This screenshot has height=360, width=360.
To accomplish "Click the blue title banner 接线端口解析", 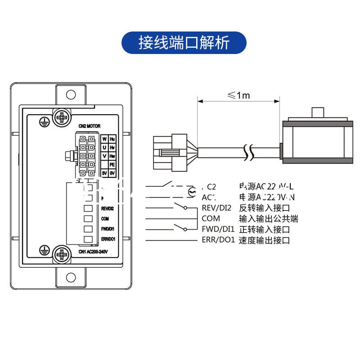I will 184,43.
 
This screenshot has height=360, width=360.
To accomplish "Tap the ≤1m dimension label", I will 238,95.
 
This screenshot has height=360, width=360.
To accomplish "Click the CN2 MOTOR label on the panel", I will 90,126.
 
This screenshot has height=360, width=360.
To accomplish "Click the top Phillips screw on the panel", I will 61,118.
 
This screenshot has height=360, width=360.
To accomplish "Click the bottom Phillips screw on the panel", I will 61,254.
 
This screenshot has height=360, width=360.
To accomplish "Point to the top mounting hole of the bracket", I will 71,94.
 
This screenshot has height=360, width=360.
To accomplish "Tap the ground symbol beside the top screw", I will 44,120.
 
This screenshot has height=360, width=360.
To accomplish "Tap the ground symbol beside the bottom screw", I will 44,248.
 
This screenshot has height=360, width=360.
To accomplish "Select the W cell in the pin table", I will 104,139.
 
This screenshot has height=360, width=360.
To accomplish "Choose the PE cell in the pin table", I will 112,165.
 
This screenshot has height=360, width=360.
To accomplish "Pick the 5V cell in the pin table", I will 104,173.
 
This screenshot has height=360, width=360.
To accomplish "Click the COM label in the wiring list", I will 211,219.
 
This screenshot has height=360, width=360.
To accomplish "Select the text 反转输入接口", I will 264,208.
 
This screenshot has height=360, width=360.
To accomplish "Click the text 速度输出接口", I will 264,240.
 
